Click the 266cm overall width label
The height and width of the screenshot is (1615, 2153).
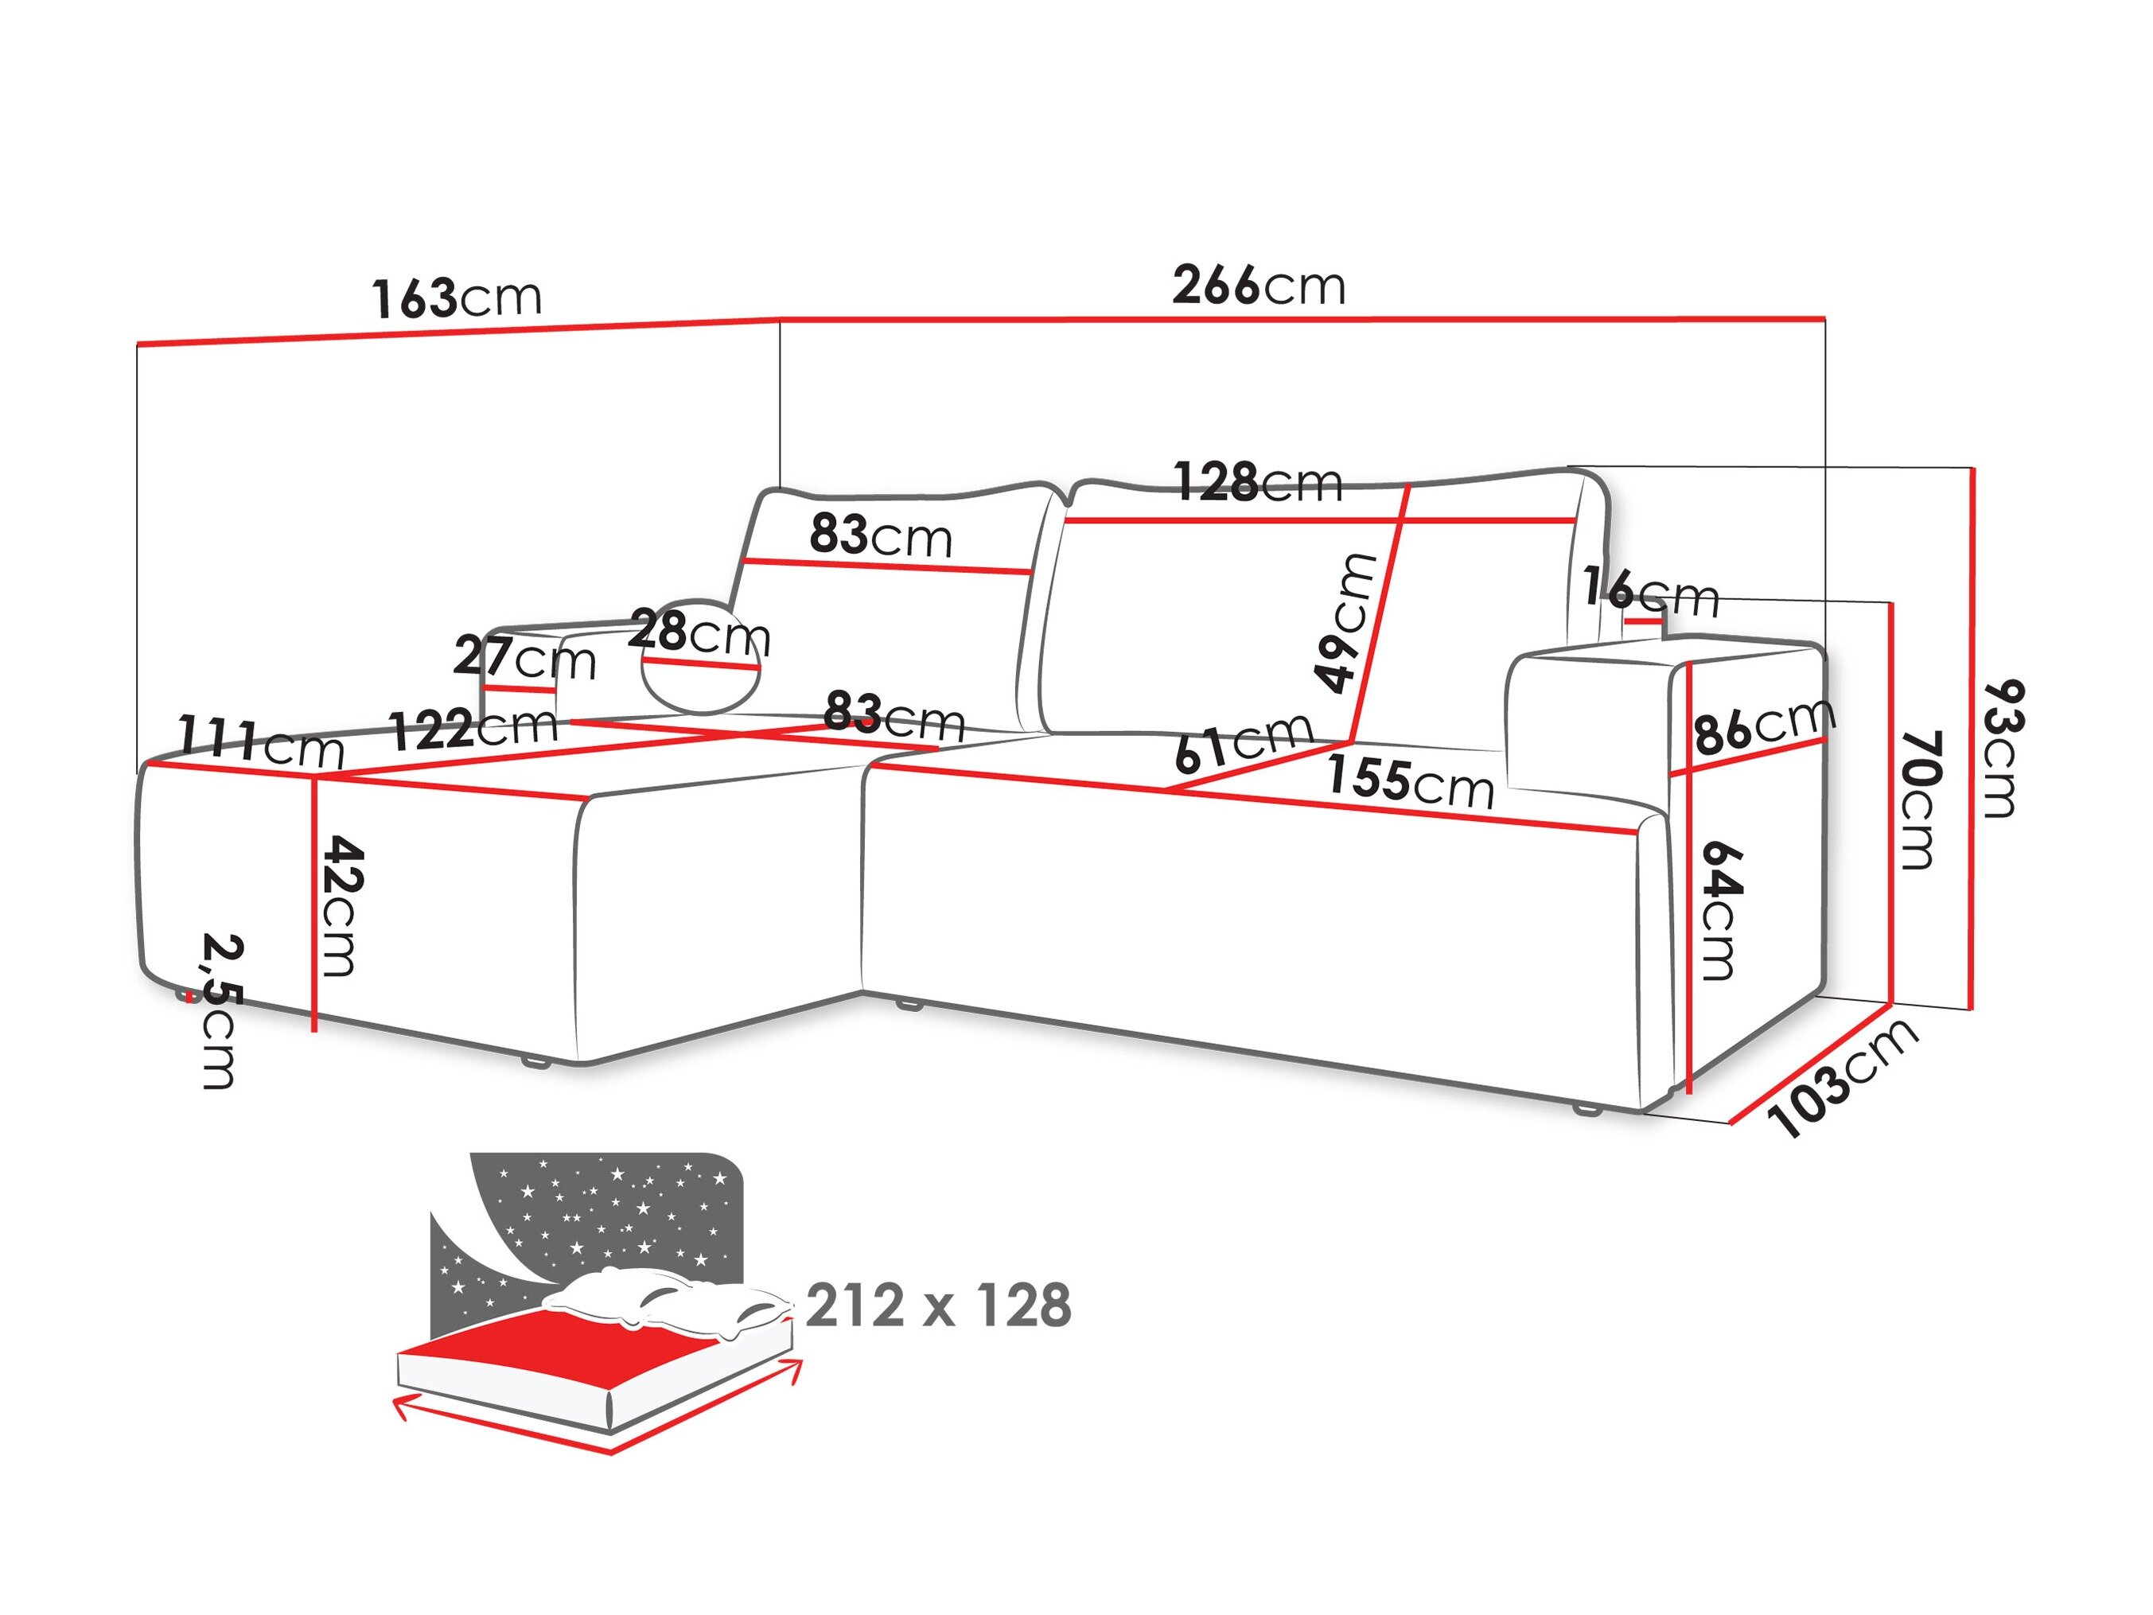pyautogui.click(x=1258, y=286)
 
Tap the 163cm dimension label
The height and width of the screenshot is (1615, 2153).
pyautogui.click(x=456, y=297)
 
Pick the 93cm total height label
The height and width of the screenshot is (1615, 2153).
pyautogui.click(x=2003, y=748)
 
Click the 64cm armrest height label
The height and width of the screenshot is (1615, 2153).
pyautogui.click(x=1721, y=909)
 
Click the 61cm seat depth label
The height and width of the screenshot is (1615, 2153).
pyautogui.click(x=1243, y=741)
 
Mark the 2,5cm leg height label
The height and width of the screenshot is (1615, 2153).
pyautogui.click(x=221, y=1010)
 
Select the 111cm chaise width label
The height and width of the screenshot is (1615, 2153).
pyautogui.click(x=261, y=741)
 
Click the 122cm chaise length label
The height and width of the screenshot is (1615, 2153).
pyautogui.click(x=474, y=726)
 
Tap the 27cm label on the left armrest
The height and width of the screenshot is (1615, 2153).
pyautogui.click(x=524, y=659)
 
